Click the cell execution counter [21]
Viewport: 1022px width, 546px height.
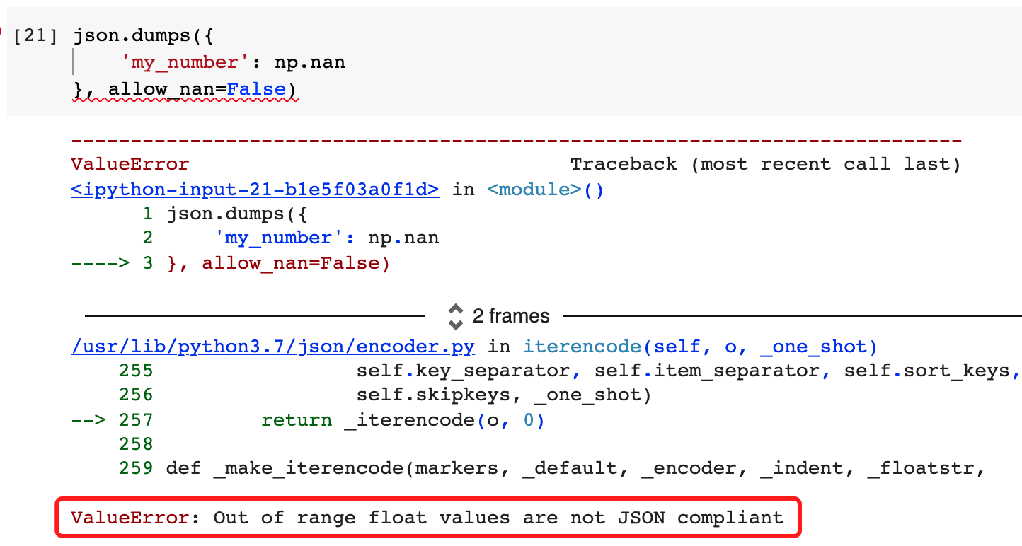pos(35,35)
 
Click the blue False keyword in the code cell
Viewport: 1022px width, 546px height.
pos(256,90)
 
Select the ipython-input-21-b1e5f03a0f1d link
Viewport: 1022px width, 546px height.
pos(255,190)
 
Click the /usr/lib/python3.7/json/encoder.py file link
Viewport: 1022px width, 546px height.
pos(273,347)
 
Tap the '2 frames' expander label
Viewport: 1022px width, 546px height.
pos(511,315)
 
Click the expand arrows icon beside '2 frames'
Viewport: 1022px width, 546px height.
pos(456,316)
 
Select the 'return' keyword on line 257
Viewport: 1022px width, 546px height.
pos(297,420)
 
